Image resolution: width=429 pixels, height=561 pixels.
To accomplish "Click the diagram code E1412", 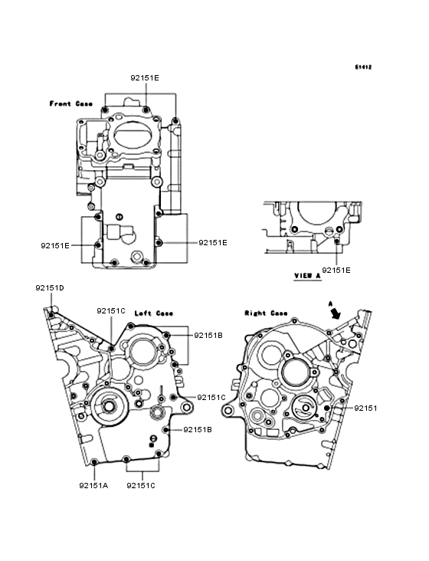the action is point(363,67).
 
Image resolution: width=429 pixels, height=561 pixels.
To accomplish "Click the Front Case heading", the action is point(70,103).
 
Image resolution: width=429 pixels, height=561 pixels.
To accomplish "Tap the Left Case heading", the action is point(154,313).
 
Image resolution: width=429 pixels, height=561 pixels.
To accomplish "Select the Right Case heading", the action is point(266,313).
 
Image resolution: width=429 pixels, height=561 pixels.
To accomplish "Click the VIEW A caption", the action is point(307,276).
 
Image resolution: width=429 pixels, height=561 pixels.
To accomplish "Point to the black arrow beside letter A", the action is point(336,314).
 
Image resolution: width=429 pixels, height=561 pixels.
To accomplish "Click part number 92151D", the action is point(50,288).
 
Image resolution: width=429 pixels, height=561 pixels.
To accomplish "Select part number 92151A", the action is point(93,485).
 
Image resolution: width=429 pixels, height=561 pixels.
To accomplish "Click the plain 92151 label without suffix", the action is point(365,408).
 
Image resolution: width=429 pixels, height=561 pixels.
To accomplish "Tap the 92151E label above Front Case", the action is point(145,78).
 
